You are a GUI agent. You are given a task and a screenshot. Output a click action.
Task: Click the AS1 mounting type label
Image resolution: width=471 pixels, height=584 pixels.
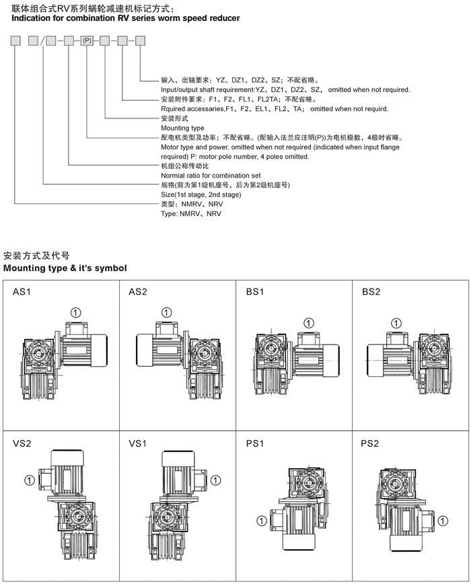(22, 292)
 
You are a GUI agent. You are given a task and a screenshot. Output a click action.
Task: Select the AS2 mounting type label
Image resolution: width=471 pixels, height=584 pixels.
(138, 292)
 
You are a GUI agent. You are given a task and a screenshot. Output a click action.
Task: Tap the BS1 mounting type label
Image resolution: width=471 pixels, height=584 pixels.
(255, 292)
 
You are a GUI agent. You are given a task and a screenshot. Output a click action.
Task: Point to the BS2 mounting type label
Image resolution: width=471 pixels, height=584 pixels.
(371, 292)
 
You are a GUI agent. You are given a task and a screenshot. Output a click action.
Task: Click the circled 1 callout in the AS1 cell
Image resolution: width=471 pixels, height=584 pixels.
(76, 312)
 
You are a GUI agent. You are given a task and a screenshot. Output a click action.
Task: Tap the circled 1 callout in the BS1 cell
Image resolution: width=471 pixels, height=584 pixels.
(308, 324)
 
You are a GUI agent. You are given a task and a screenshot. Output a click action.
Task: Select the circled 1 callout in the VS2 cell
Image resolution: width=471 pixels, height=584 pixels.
(29, 480)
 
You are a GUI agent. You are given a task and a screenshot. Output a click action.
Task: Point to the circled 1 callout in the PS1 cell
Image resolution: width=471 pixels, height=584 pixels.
(260, 520)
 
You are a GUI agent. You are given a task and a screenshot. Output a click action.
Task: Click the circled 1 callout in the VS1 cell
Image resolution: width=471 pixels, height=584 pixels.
(215, 480)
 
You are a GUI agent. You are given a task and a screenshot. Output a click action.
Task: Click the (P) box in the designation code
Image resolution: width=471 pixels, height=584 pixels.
(87, 42)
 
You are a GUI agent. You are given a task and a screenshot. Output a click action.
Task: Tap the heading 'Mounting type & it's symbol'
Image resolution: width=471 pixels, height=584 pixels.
(65, 268)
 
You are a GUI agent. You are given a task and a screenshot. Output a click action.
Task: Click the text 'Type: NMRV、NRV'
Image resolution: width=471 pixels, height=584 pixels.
(190, 213)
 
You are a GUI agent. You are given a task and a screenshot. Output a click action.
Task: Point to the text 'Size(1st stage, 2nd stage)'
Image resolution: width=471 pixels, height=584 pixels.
(201, 194)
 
